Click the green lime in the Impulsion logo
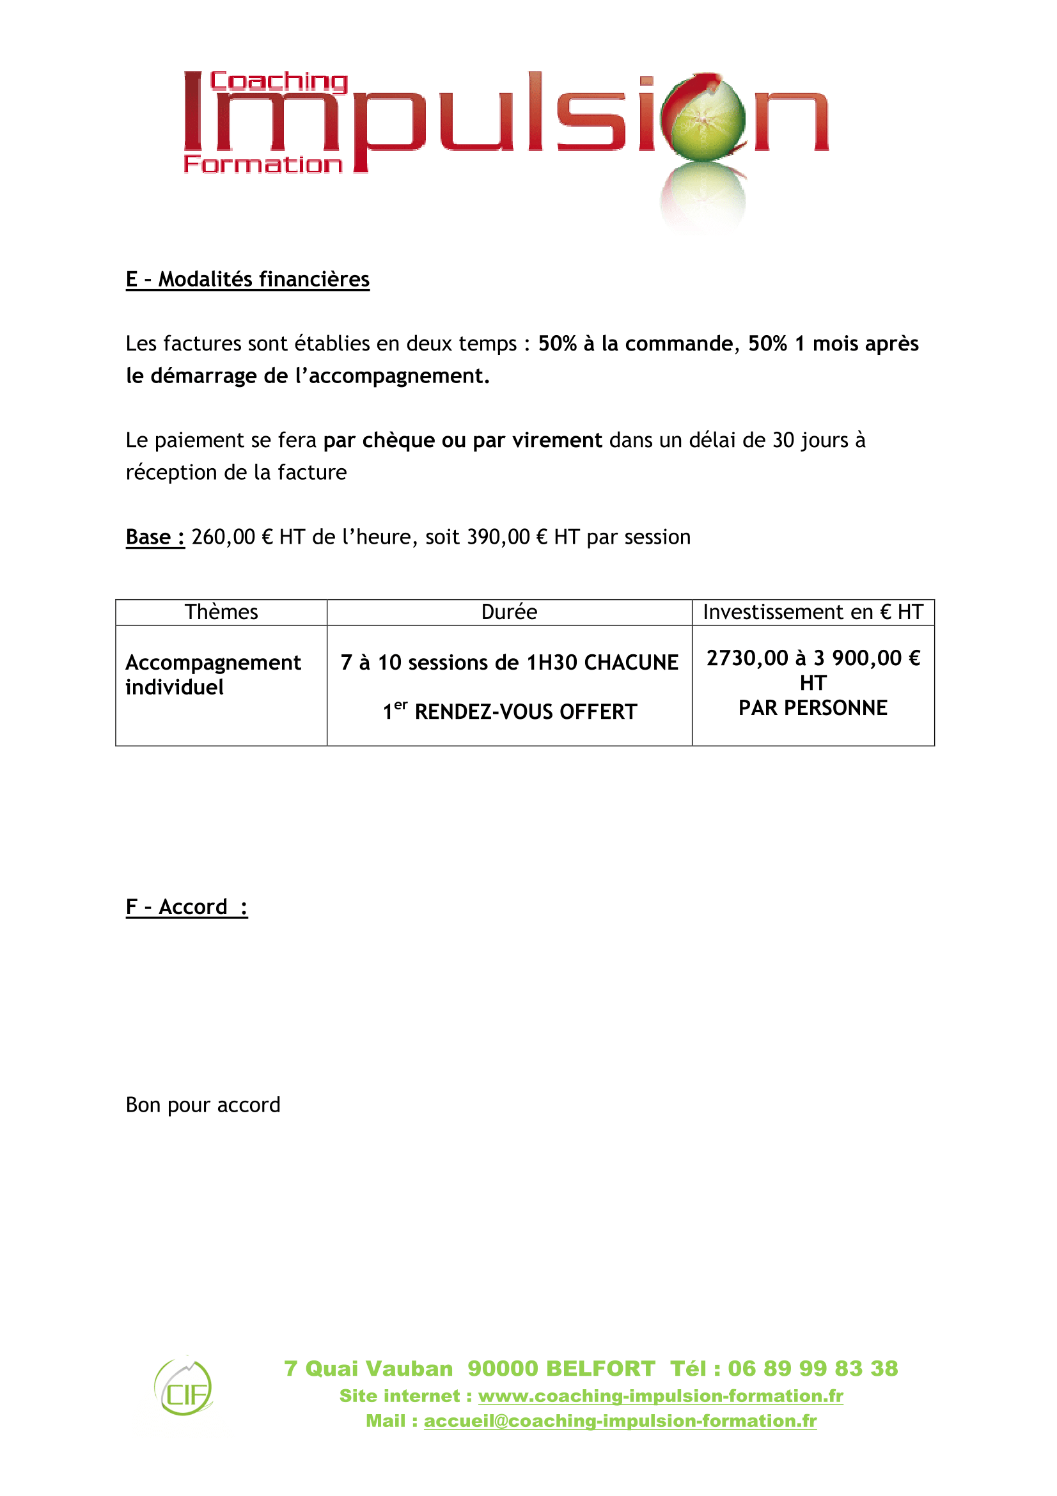[707, 118]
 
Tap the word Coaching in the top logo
[279, 81]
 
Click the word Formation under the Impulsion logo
[262, 164]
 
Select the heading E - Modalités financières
[247, 280]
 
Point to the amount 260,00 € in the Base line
[232, 537]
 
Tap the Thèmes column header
[221, 612]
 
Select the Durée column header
[508, 612]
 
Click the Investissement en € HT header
[812, 612]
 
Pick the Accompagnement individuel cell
[212, 674]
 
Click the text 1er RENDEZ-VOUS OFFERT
[509, 711]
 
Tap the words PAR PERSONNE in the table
[812, 707]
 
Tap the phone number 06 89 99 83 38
[812, 1367]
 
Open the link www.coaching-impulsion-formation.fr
[661, 1396]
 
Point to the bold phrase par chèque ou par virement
[462, 441]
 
